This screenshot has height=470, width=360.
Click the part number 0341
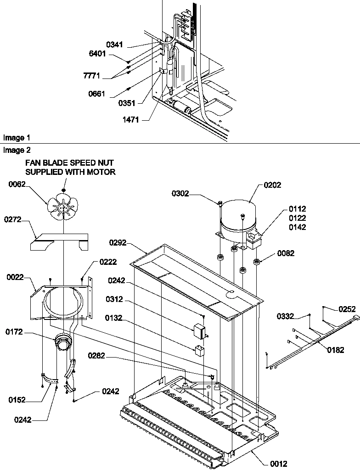pyautogui.click(x=115, y=45)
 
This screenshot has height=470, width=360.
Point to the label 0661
pyautogui.click(x=96, y=94)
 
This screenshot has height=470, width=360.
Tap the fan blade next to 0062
pyautogui.click(x=63, y=207)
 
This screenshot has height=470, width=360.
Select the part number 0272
pyautogui.click(x=13, y=220)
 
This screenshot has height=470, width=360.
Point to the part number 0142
pyautogui.click(x=297, y=227)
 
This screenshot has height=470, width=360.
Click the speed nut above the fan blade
pyautogui.click(x=64, y=189)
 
